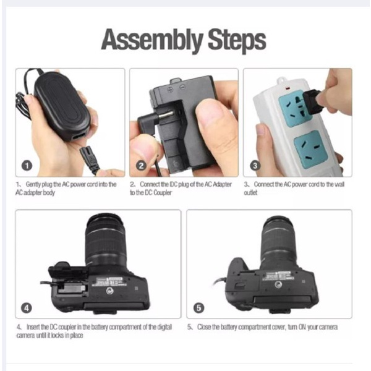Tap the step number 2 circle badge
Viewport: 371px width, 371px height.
141,166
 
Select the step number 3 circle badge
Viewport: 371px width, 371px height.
255,165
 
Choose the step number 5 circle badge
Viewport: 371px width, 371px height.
198,307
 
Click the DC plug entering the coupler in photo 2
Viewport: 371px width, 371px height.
148,116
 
